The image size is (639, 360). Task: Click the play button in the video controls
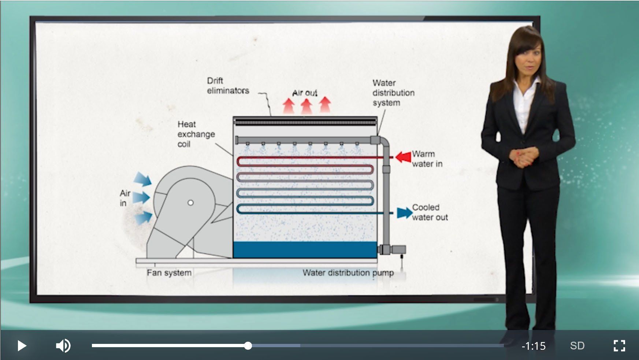(x=22, y=346)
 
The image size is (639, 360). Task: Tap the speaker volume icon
(x=63, y=346)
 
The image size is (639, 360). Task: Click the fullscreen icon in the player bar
(x=619, y=346)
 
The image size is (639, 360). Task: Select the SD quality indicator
(x=577, y=346)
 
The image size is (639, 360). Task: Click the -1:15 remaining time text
(x=534, y=346)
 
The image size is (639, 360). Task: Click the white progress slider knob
(x=248, y=345)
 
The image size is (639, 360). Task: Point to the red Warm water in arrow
(x=403, y=157)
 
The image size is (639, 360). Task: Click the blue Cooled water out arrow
(x=405, y=213)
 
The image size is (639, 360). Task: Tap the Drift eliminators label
(x=228, y=86)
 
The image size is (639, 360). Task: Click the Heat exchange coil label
(x=196, y=134)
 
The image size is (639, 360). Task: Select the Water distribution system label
(x=393, y=93)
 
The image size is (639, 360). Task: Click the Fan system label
(x=169, y=273)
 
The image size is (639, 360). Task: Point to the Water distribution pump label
(x=348, y=273)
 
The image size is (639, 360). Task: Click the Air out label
(x=305, y=93)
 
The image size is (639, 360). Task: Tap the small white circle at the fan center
(x=190, y=203)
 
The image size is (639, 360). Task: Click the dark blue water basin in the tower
(x=305, y=250)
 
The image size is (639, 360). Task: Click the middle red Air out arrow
(x=307, y=106)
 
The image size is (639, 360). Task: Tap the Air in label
(x=125, y=198)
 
